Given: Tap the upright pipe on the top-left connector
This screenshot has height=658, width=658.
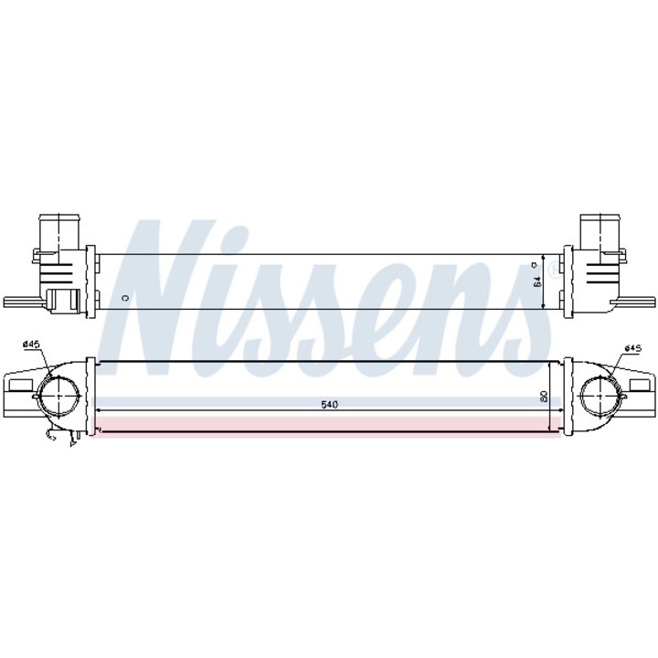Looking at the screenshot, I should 56,228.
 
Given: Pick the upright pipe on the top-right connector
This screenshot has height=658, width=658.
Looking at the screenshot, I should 600,228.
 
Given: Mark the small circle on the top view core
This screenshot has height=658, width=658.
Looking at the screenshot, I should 125,297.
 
